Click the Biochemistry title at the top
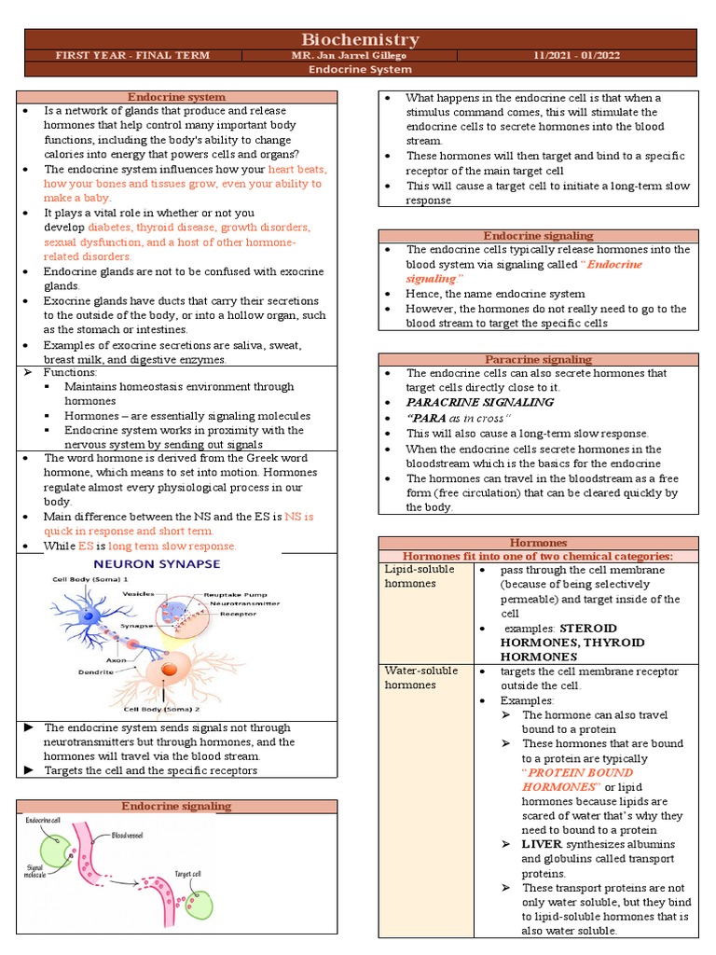click(x=359, y=39)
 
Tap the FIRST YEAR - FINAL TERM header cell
click(x=131, y=55)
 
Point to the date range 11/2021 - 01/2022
click(x=600, y=55)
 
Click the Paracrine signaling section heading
click(x=538, y=359)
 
